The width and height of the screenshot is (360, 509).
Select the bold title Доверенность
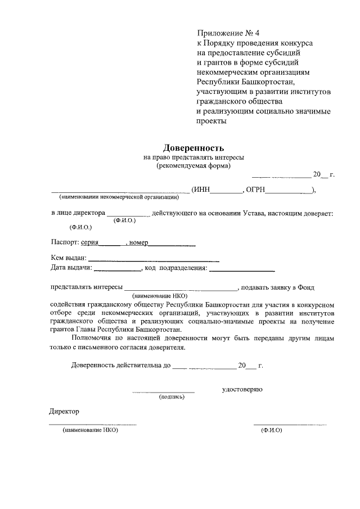(x=193, y=148)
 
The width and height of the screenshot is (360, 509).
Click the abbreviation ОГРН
(x=256, y=190)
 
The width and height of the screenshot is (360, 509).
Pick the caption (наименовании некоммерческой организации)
(x=119, y=197)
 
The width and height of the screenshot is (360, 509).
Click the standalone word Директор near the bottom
(x=64, y=411)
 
